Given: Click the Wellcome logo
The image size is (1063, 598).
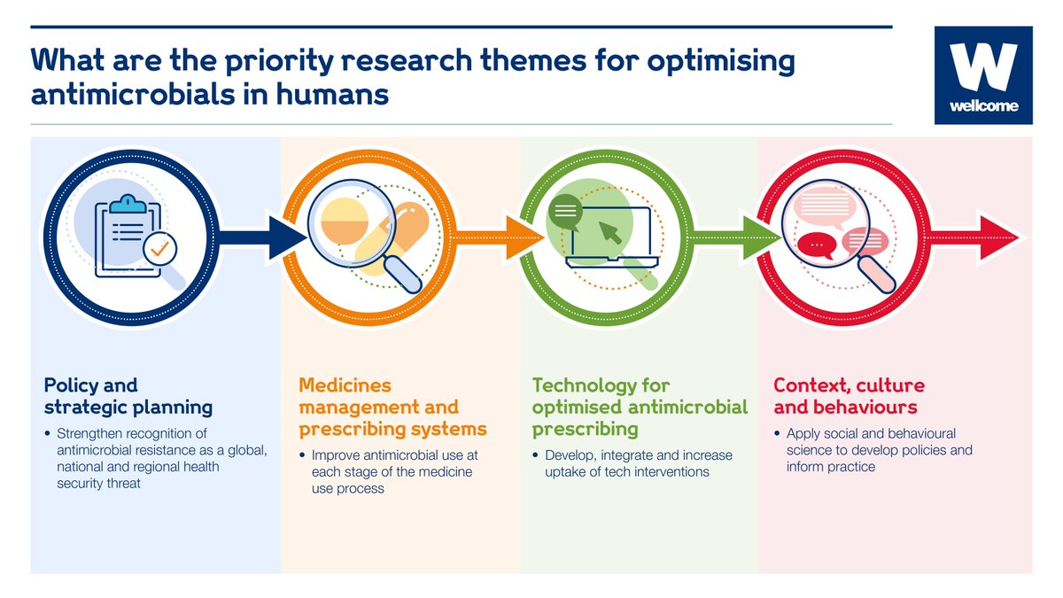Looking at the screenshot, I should pos(983,74).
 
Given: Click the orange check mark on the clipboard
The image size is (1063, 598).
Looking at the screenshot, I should pos(159,251).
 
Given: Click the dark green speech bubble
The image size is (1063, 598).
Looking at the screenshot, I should pos(564,213).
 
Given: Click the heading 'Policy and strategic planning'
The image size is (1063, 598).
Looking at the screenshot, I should pos(128,396).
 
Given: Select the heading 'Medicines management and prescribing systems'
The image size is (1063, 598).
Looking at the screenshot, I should pos(392,408).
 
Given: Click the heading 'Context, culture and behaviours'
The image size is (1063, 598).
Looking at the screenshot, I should pos(848,396).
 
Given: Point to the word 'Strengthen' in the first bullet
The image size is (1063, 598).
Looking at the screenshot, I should pos(93,433).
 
